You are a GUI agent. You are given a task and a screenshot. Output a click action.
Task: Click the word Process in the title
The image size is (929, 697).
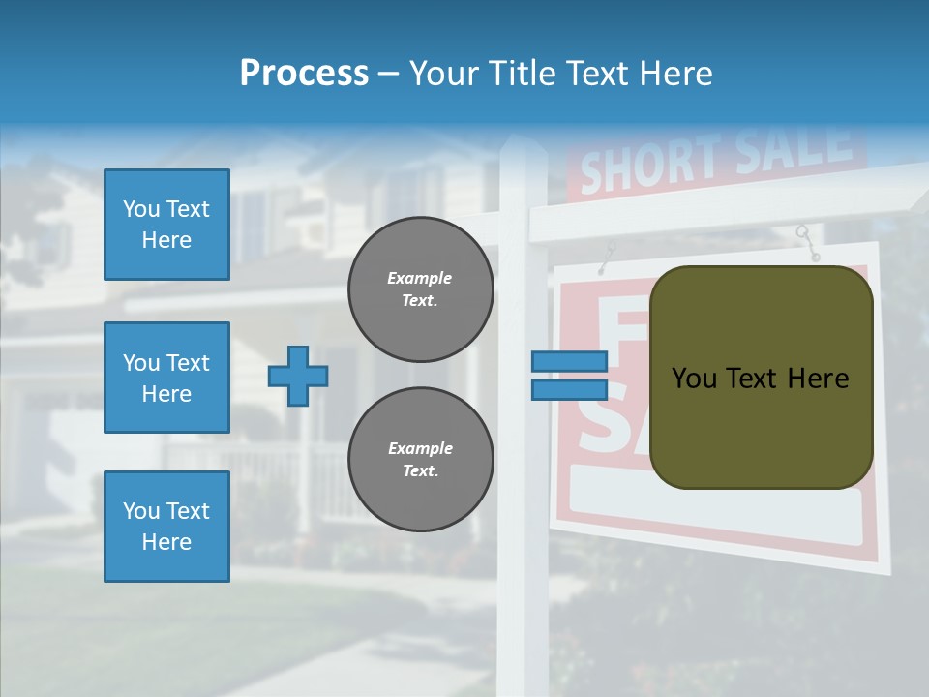(304, 74)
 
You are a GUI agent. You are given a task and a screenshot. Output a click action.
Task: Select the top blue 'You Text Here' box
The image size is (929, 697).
(166, 225)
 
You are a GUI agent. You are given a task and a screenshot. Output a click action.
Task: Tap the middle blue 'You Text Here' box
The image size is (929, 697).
(166, 378)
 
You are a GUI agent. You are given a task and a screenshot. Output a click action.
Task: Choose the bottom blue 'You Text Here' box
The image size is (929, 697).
(166, 527)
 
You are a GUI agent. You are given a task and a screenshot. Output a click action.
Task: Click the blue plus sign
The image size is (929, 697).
(298, 376)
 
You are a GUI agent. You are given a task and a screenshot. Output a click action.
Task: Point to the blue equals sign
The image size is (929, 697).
(569, 376)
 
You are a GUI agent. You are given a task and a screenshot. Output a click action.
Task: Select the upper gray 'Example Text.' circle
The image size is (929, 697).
(420, 288)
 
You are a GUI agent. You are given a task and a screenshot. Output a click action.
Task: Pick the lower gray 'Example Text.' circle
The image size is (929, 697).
(420, 459)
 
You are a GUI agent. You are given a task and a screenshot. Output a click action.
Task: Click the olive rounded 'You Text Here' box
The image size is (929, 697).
(761, 378)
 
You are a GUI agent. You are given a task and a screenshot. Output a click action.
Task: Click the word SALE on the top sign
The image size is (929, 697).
(794, 145)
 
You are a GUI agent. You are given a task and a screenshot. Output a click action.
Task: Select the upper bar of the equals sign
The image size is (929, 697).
(569, 362)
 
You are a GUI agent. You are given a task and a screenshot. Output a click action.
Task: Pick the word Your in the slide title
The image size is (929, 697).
(444, 74)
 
